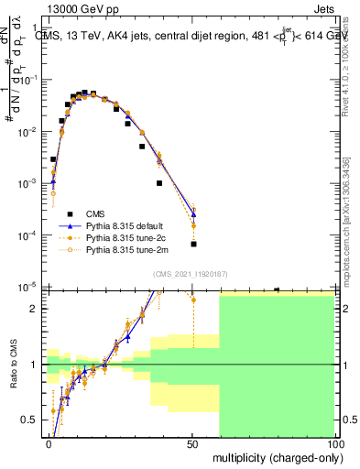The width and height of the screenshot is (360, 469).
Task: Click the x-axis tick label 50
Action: (x=191, y=443)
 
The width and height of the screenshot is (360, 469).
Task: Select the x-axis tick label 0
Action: (x=49, y=443)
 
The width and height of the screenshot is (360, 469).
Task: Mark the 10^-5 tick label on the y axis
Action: (x=28, y=287)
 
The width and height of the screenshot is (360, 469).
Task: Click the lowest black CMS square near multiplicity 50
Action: (x=193, y=244)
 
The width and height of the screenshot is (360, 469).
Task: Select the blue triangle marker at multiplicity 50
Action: (x=193, y=214)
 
